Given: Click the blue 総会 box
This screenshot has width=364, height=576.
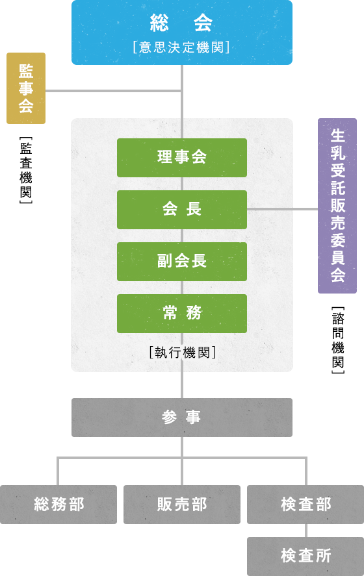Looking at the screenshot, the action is (182, 32).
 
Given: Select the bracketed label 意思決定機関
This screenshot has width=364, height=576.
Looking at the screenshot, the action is (181, 47).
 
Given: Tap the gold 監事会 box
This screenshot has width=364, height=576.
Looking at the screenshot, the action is (26, 88).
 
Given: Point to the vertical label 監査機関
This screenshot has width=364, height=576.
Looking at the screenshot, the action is (26, 170).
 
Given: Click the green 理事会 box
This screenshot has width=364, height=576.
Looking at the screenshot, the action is (182, 158).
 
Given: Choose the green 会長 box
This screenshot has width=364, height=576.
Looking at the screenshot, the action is (182, 209).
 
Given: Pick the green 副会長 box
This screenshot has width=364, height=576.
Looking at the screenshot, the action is (182, 262).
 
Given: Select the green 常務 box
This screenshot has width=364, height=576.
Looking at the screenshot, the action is (182, 314).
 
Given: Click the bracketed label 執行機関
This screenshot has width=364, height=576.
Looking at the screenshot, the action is (183, 352).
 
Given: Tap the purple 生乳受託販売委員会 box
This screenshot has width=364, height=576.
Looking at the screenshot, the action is (337, 206).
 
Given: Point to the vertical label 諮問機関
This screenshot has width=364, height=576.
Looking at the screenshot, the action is (338, 340).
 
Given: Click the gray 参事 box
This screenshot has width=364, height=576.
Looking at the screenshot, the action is (182, 418).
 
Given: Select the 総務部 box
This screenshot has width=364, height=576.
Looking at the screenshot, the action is (58, 505).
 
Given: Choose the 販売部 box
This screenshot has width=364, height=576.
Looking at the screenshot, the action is (182, 505).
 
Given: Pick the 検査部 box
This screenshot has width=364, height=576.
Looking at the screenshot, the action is (305, 505).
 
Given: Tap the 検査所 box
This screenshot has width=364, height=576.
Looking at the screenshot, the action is (305, 556).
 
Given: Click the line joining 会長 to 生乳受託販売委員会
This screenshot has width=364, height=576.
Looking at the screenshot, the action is (282, 209).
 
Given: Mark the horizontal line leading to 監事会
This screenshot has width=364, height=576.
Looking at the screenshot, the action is (113, 91).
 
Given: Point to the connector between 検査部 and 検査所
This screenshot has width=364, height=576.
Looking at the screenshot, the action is (305, 531).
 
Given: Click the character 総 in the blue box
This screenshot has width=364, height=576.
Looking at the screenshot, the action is (159, 23).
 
